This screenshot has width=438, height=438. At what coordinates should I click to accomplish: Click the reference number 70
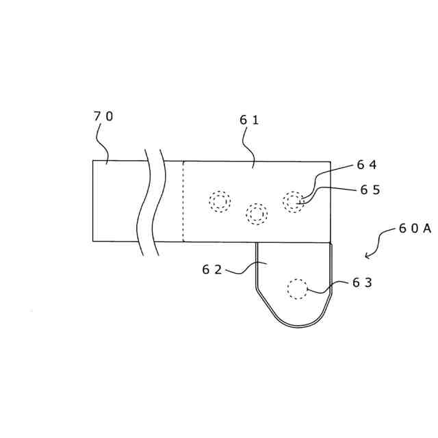[103, 116]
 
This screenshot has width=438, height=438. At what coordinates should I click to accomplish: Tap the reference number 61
[249, 120]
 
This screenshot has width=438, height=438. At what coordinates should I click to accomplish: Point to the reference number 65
[370, 190]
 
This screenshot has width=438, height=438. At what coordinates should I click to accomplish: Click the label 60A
[415, 229]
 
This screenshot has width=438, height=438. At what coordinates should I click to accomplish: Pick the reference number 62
[212, 270]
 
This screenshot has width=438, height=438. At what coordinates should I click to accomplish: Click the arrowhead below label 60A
[368, 256]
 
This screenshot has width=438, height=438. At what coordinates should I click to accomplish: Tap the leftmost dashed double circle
[220, 201]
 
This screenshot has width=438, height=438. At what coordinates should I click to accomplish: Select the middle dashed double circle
[257, 214]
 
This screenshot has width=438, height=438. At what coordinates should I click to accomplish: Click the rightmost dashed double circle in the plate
[294, 201]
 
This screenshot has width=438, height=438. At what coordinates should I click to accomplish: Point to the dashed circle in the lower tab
[297, 289]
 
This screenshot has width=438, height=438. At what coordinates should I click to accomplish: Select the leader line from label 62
[244, 270]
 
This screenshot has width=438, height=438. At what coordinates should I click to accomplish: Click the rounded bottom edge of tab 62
[298, 324]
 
